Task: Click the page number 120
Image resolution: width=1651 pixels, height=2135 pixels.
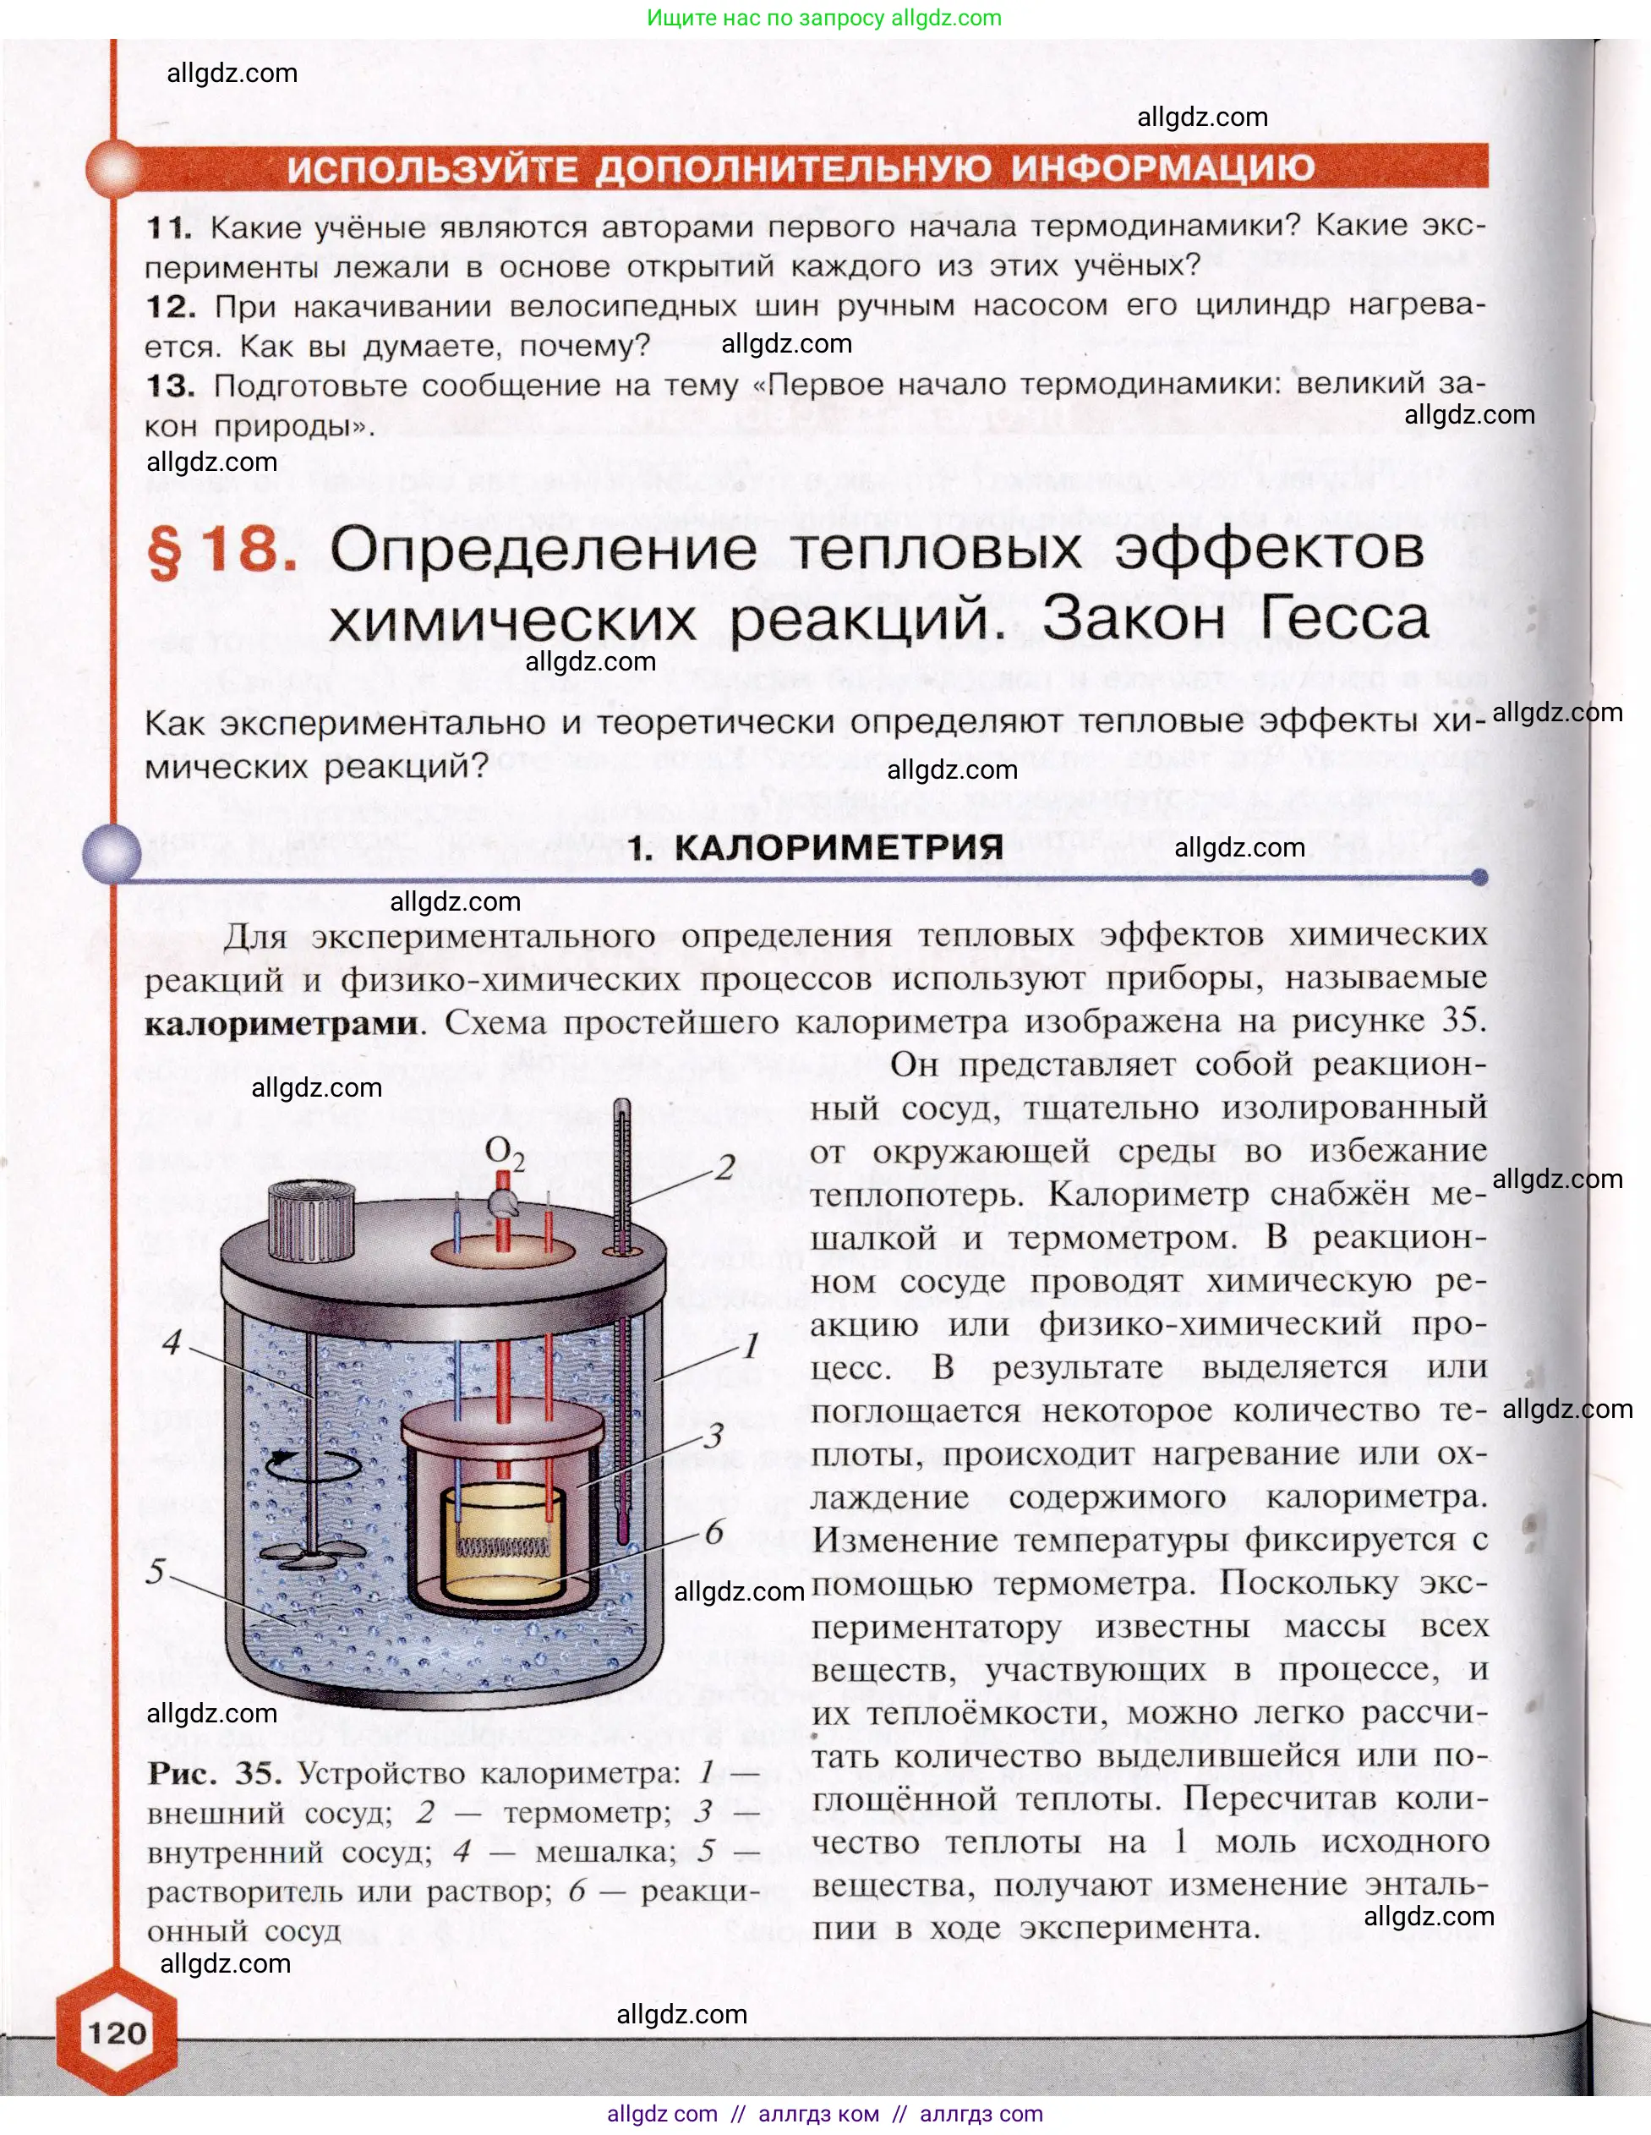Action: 117,2034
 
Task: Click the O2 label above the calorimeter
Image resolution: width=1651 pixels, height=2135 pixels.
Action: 505,1153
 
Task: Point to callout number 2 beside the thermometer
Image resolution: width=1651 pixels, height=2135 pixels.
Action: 724,1167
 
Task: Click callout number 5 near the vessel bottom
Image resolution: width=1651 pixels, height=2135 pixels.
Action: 156,1571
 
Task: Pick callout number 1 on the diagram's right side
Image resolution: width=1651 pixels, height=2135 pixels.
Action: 750,1346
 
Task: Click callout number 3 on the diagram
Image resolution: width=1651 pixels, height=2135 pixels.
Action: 714,1435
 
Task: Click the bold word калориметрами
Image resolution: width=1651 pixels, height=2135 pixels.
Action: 282,1023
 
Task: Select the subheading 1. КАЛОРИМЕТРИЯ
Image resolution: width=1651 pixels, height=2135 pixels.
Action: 815,846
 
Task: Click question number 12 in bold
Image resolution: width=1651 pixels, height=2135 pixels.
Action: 170,306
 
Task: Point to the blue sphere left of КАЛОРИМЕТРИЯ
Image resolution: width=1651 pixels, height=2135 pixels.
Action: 112,851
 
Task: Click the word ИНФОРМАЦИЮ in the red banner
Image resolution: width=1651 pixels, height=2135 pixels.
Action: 1162,168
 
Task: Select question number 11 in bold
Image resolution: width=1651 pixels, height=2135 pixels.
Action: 168,227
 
